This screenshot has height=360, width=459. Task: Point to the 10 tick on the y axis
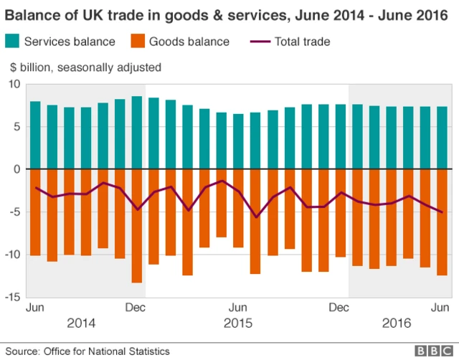click(13, 84)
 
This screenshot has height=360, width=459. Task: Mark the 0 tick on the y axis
click(16, 169)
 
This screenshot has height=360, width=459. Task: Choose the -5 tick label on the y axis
click(13, 212)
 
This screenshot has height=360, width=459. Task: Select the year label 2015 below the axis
click(238, 323)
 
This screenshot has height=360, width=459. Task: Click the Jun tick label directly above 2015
click(239, 307)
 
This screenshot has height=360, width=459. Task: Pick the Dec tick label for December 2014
click(136, 307)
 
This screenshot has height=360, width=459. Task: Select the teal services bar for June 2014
click(35, 135)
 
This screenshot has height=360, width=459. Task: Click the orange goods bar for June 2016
click(442, 222)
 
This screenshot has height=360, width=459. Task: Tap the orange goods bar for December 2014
click(137, 226)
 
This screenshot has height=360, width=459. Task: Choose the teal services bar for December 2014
click(137, 133)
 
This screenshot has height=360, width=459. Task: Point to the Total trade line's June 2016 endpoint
click(442, 212)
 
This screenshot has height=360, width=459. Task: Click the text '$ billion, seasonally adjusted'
click(85, 67)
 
